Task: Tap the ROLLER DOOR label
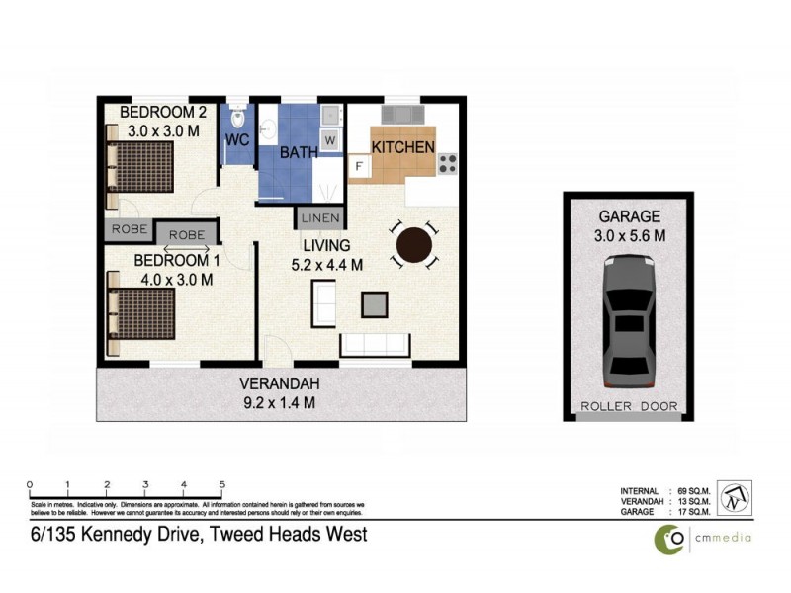coord(627,406)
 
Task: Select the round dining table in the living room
coord(413,243)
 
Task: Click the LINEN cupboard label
coord(320,217)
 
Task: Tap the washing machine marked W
coord(330,140)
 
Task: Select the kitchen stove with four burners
coord(448,162)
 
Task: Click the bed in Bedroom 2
coord(140,165)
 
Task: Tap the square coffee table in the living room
coord(376,304)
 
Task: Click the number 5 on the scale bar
coord(222,484)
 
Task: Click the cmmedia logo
coord(703,538)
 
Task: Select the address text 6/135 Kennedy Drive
coord(198,535)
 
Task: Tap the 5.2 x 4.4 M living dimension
coord(327,264)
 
